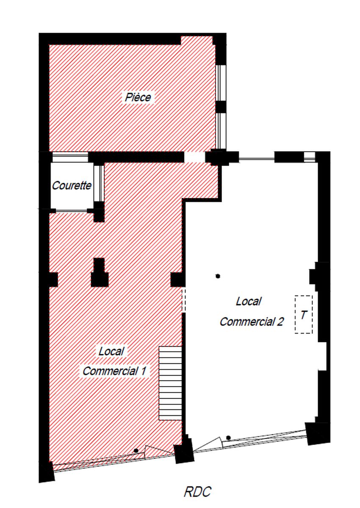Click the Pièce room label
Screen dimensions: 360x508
138,97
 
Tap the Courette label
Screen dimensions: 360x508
72,185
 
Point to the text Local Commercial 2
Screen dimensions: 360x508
252,312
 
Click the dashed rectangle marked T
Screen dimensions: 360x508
304,315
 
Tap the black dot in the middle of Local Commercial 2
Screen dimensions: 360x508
218,276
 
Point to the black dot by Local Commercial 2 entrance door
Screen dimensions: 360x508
229,437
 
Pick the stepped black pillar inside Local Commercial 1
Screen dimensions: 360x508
100,273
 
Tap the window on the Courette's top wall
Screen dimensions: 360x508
70,157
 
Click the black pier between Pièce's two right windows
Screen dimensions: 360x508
221,107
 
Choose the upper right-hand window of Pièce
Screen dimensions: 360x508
221,83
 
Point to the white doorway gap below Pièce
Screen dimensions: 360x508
195,157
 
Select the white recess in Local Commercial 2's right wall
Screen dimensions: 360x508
322,356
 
